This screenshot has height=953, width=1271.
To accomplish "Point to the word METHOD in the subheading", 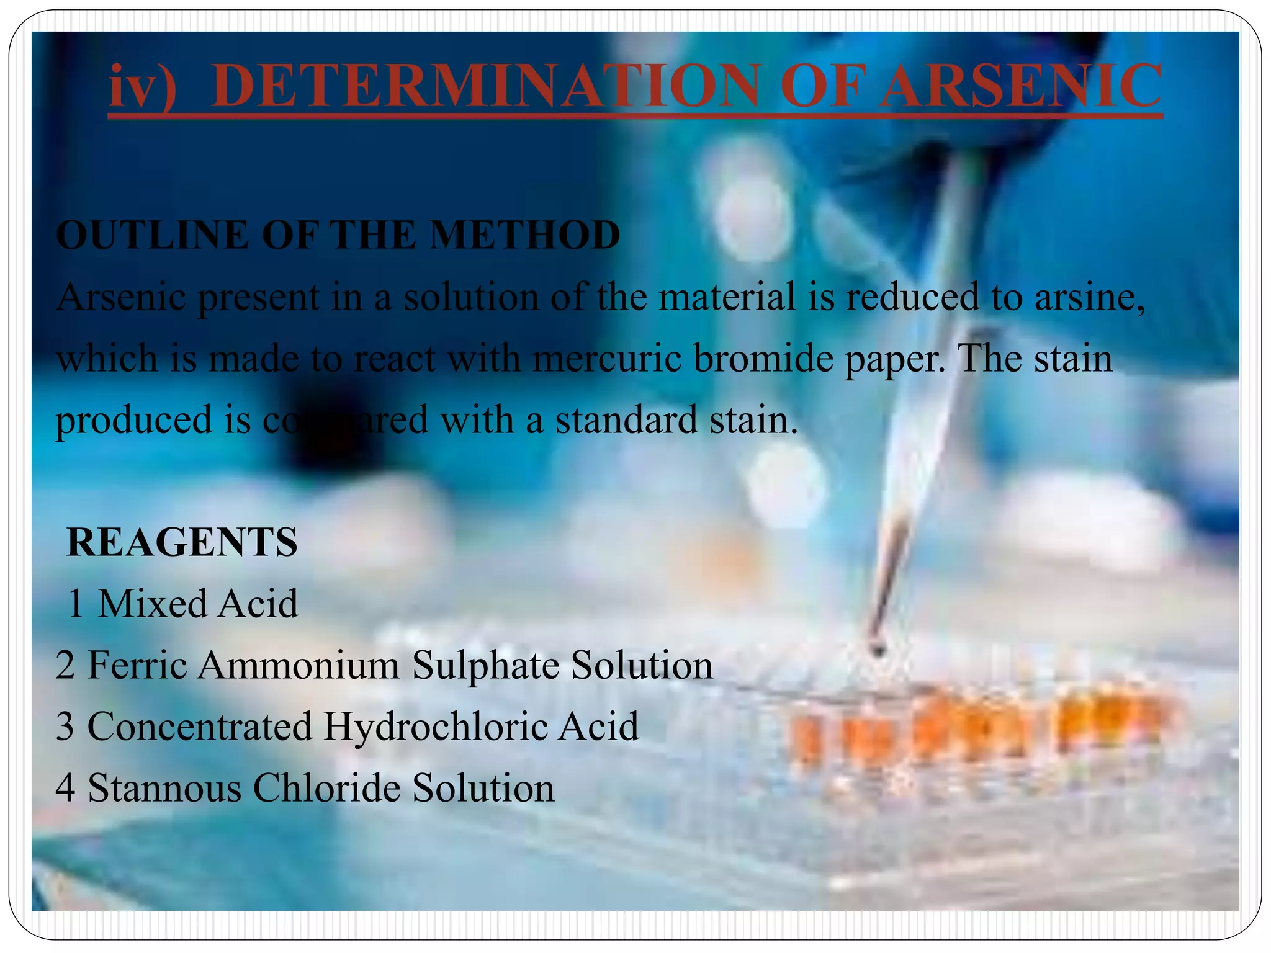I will click(524, 235).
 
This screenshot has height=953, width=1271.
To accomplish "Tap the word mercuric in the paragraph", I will click(607, 359).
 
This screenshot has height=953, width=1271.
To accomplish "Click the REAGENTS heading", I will click(182, 542).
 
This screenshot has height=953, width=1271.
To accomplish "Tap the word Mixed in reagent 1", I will click(151, 603).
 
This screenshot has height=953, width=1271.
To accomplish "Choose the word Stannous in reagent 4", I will click(164, 788).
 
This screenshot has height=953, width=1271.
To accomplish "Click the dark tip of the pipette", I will click(878, 648).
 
